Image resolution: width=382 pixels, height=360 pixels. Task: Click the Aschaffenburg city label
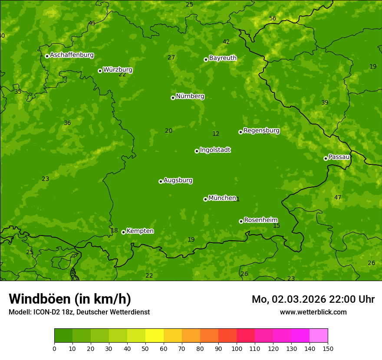(72, 55)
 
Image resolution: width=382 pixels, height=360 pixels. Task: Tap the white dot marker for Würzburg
(100, 71)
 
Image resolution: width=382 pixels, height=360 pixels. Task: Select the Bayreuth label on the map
(223, 58)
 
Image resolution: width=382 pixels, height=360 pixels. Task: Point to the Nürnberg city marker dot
(173, 98)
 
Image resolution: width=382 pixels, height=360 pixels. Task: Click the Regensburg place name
(261, 131)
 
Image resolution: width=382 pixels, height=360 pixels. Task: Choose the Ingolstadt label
(215, 150)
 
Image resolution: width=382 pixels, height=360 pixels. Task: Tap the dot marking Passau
(326, 158)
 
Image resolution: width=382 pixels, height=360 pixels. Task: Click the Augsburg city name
(178, 180)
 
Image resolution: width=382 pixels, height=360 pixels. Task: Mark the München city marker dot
(205, 199)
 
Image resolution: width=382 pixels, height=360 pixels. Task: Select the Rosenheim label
(260, 220)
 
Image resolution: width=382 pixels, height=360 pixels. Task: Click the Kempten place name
(140, 231)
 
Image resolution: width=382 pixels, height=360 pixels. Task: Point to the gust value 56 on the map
(273, 18)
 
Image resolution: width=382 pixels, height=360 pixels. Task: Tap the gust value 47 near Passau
(338, 197)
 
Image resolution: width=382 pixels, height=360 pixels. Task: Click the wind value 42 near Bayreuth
(226, 42)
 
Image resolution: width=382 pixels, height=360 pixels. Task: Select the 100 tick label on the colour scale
(237, 348)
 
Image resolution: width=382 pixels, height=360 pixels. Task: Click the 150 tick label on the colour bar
(328, 348)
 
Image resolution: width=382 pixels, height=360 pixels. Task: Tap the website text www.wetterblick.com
(313, 312)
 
